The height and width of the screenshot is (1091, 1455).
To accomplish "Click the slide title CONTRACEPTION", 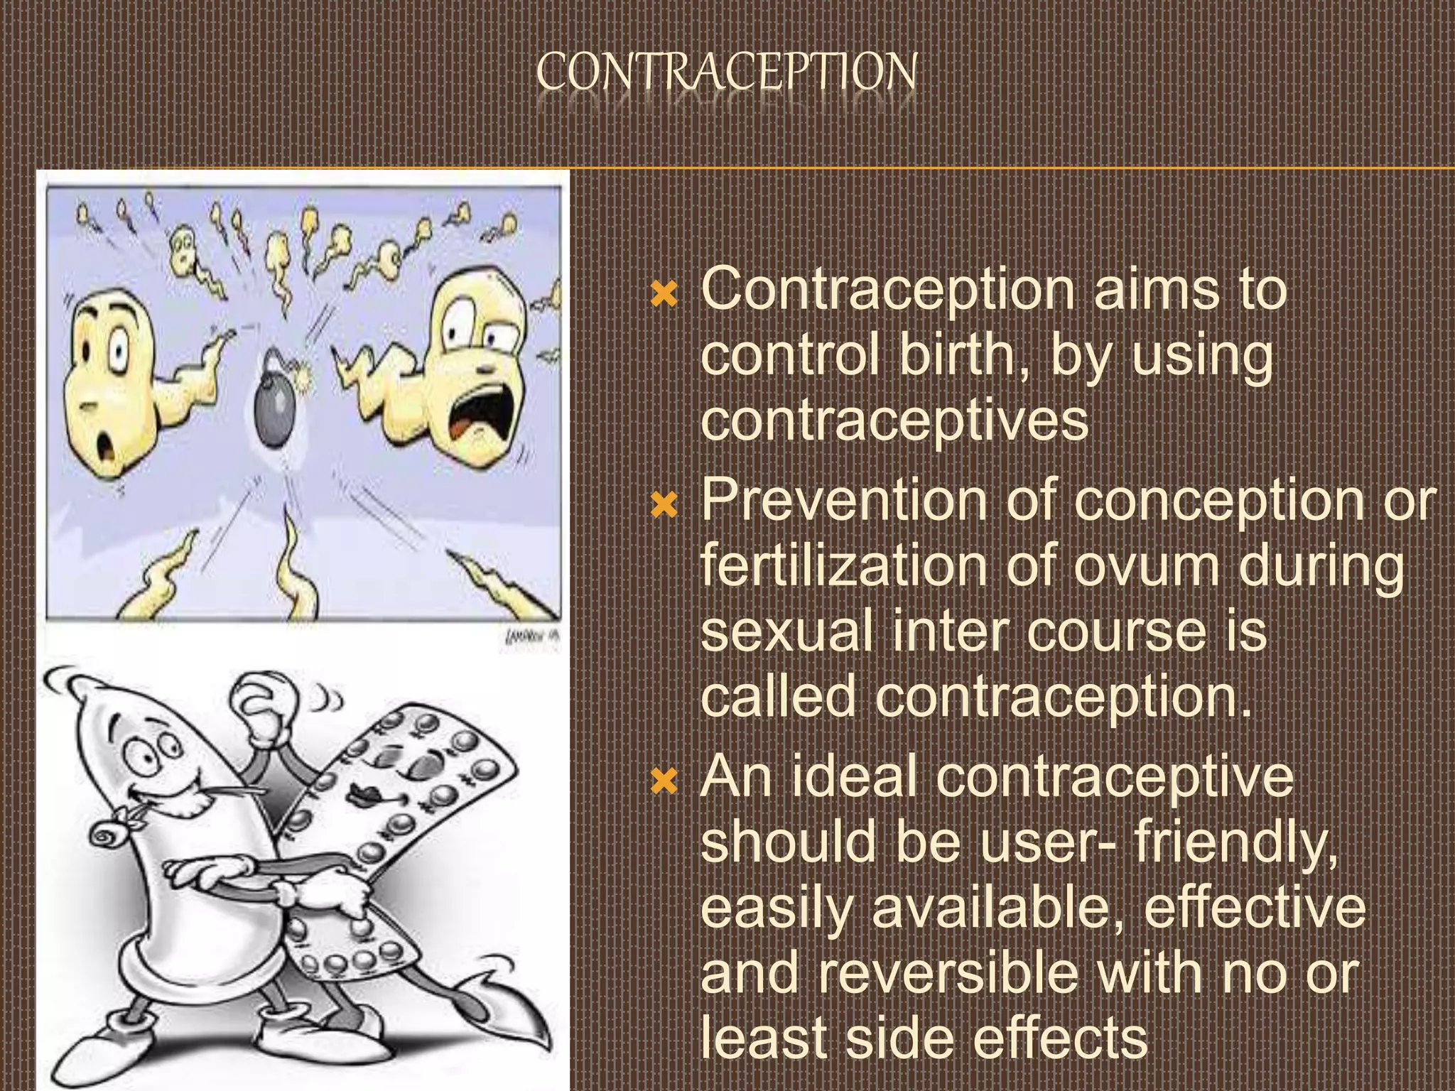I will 726,72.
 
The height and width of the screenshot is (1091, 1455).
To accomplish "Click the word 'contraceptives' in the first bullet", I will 894,419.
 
